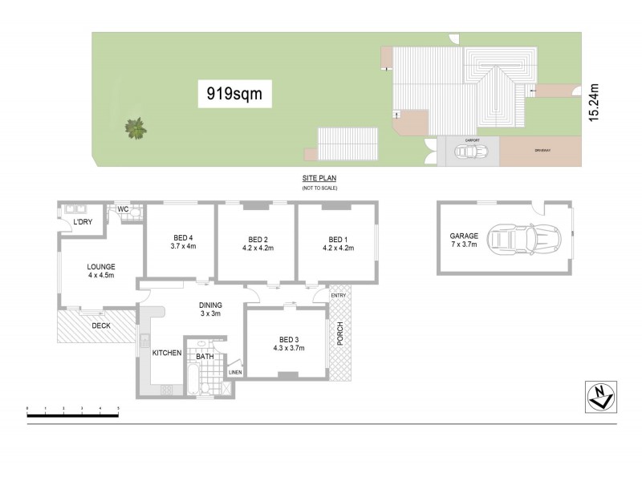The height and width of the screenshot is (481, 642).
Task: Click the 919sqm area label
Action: pos(234,94)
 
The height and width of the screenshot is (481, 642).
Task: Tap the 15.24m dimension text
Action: pos(595,103)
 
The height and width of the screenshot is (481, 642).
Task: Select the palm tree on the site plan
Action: pos(136,127)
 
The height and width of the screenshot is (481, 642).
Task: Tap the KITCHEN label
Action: pos(165,353)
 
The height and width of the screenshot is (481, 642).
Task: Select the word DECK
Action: pos(100,326)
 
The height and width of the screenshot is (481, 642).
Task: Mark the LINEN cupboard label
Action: pos(234,372)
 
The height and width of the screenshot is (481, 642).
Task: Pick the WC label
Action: pos(124,209)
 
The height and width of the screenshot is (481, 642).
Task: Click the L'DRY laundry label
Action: pos(81,221)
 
